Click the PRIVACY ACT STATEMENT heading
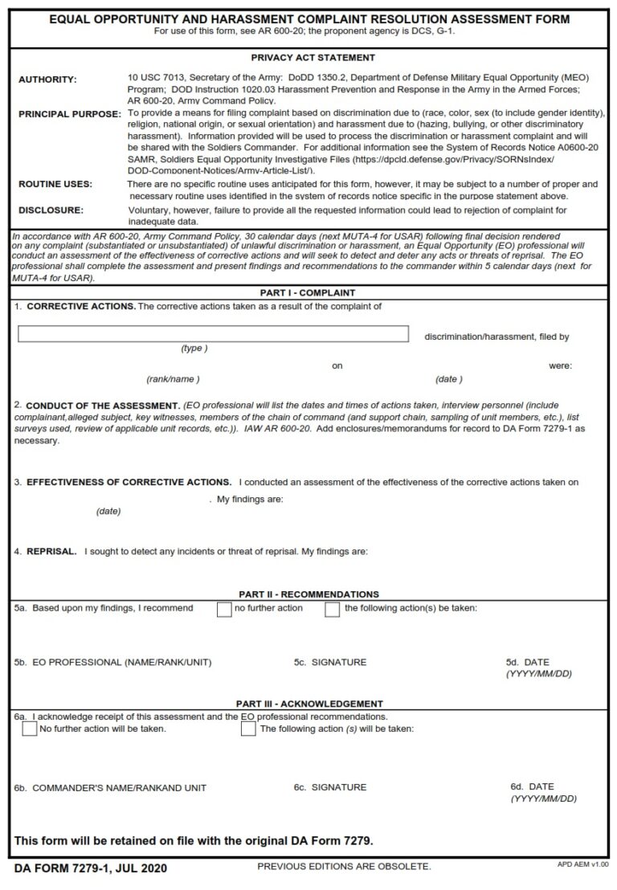click(313, 58)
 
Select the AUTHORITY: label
click(47, 80)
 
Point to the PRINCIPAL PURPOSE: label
click(69, 114)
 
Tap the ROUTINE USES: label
click(55, 184)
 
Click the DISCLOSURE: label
click(51, 210)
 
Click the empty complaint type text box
click(214, 334)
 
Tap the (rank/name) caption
click(173, 378)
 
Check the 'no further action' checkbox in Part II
click(224, 609)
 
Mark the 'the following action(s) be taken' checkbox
click(332, 609)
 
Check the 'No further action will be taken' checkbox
click(30, 729)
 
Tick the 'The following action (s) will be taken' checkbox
click(248, 729)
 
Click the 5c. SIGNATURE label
click(329, 662)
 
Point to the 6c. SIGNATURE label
click(329, 787)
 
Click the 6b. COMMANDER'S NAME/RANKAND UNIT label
click(110, 788)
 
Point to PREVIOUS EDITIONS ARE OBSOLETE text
click(344, 867)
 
